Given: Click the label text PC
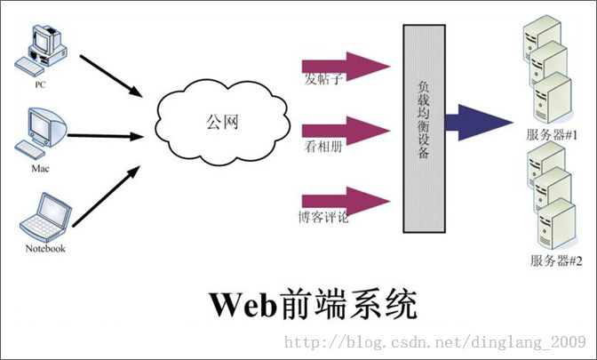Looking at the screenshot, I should coord(40,86).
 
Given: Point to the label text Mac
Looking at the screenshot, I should coord(40,167).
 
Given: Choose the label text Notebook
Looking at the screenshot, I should coord(45,249).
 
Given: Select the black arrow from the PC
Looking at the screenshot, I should coord(112,75).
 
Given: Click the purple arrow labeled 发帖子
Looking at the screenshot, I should coord(346,65).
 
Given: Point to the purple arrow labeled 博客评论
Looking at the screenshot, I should coord(346,198).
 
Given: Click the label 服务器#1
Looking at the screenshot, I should coord(553,135).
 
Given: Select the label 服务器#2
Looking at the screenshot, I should coord(556,260).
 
